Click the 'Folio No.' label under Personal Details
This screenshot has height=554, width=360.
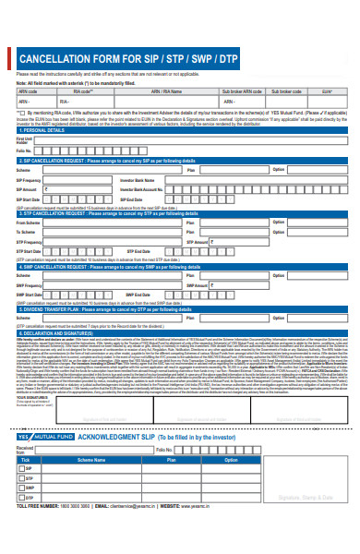(x=25, y=149)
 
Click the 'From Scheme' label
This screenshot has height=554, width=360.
(x=28, y=223)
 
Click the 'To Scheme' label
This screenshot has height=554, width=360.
(x=26, y=233)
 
